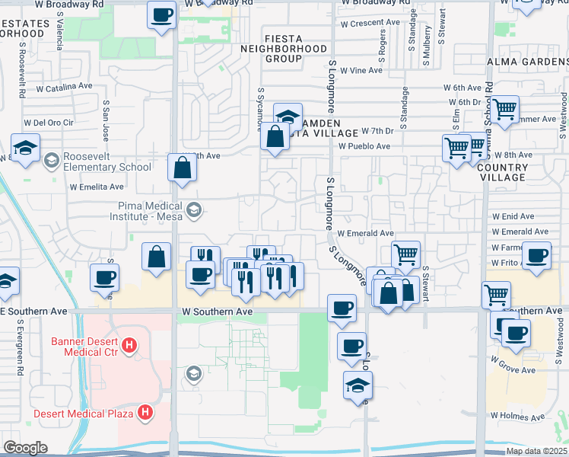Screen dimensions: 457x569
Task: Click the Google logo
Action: click(25, 448)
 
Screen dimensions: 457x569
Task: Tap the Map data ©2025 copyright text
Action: click(536, 451)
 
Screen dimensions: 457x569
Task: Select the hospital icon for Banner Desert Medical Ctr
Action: click(129, 346)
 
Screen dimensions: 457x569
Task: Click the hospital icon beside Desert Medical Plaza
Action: click(143, 414)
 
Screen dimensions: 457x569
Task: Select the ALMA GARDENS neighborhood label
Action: click(527, 63)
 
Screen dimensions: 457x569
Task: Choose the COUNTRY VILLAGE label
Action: click(503, 172)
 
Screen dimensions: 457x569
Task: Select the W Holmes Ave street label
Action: click(517, 417)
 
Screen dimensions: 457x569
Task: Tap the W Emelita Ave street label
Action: click(97, 187)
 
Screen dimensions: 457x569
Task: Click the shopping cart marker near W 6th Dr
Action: click(504, 110)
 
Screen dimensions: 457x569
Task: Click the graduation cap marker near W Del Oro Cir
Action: click(25, 147)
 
